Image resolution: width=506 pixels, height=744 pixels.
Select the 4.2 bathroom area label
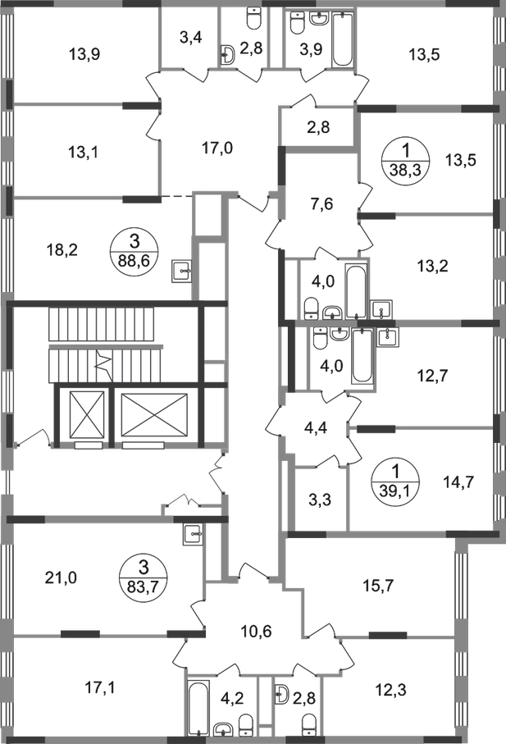(x=234, y=700)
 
